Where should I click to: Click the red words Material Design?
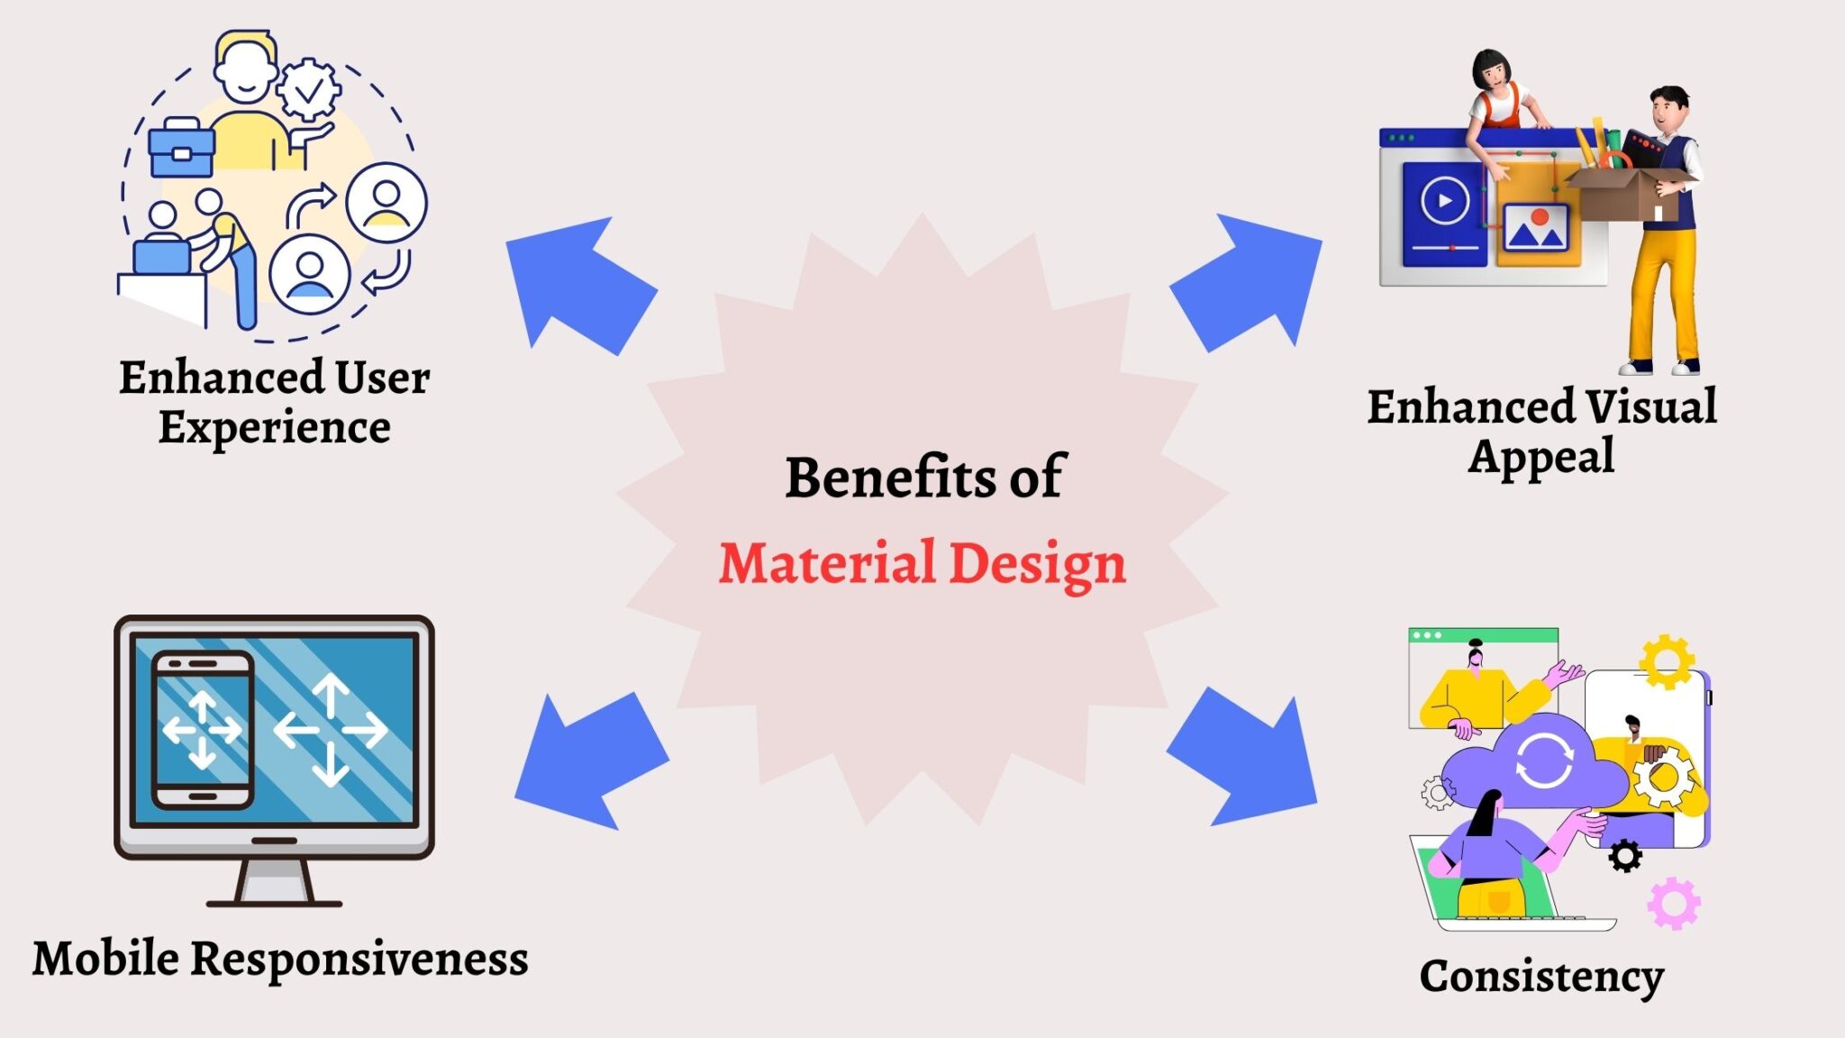tap(922, 564)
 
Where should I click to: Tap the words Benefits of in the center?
tap(924, 478)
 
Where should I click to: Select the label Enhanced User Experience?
tap(274, 401)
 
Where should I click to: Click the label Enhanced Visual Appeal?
tap(1541, 431)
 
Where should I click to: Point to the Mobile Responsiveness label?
tap(280, 958)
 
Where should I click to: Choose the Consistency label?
tap(1541, 976)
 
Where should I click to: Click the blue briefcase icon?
tap(181, 149)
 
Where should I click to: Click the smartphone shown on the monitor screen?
tap(203, 730)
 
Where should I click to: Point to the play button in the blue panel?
tap(1445, 200)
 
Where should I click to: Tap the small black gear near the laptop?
tap(1624, 855)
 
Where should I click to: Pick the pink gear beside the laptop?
tap(1674, 903)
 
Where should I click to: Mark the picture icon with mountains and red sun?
tap(1535, 228)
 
